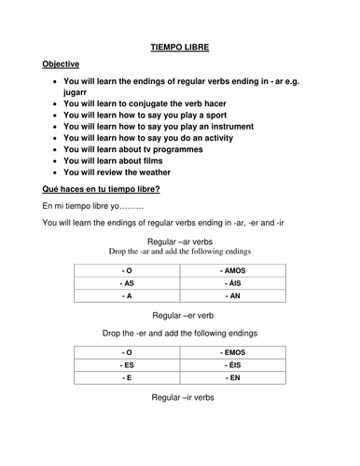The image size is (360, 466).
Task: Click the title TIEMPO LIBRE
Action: [180, 43]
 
